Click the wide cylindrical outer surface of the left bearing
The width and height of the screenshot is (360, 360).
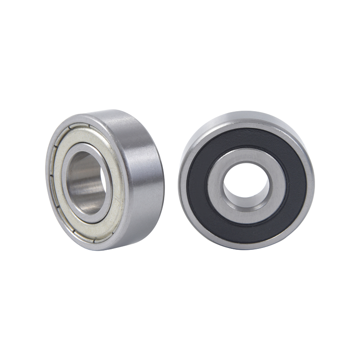coord(139,180)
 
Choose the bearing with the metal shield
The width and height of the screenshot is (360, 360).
coord(108,180)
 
